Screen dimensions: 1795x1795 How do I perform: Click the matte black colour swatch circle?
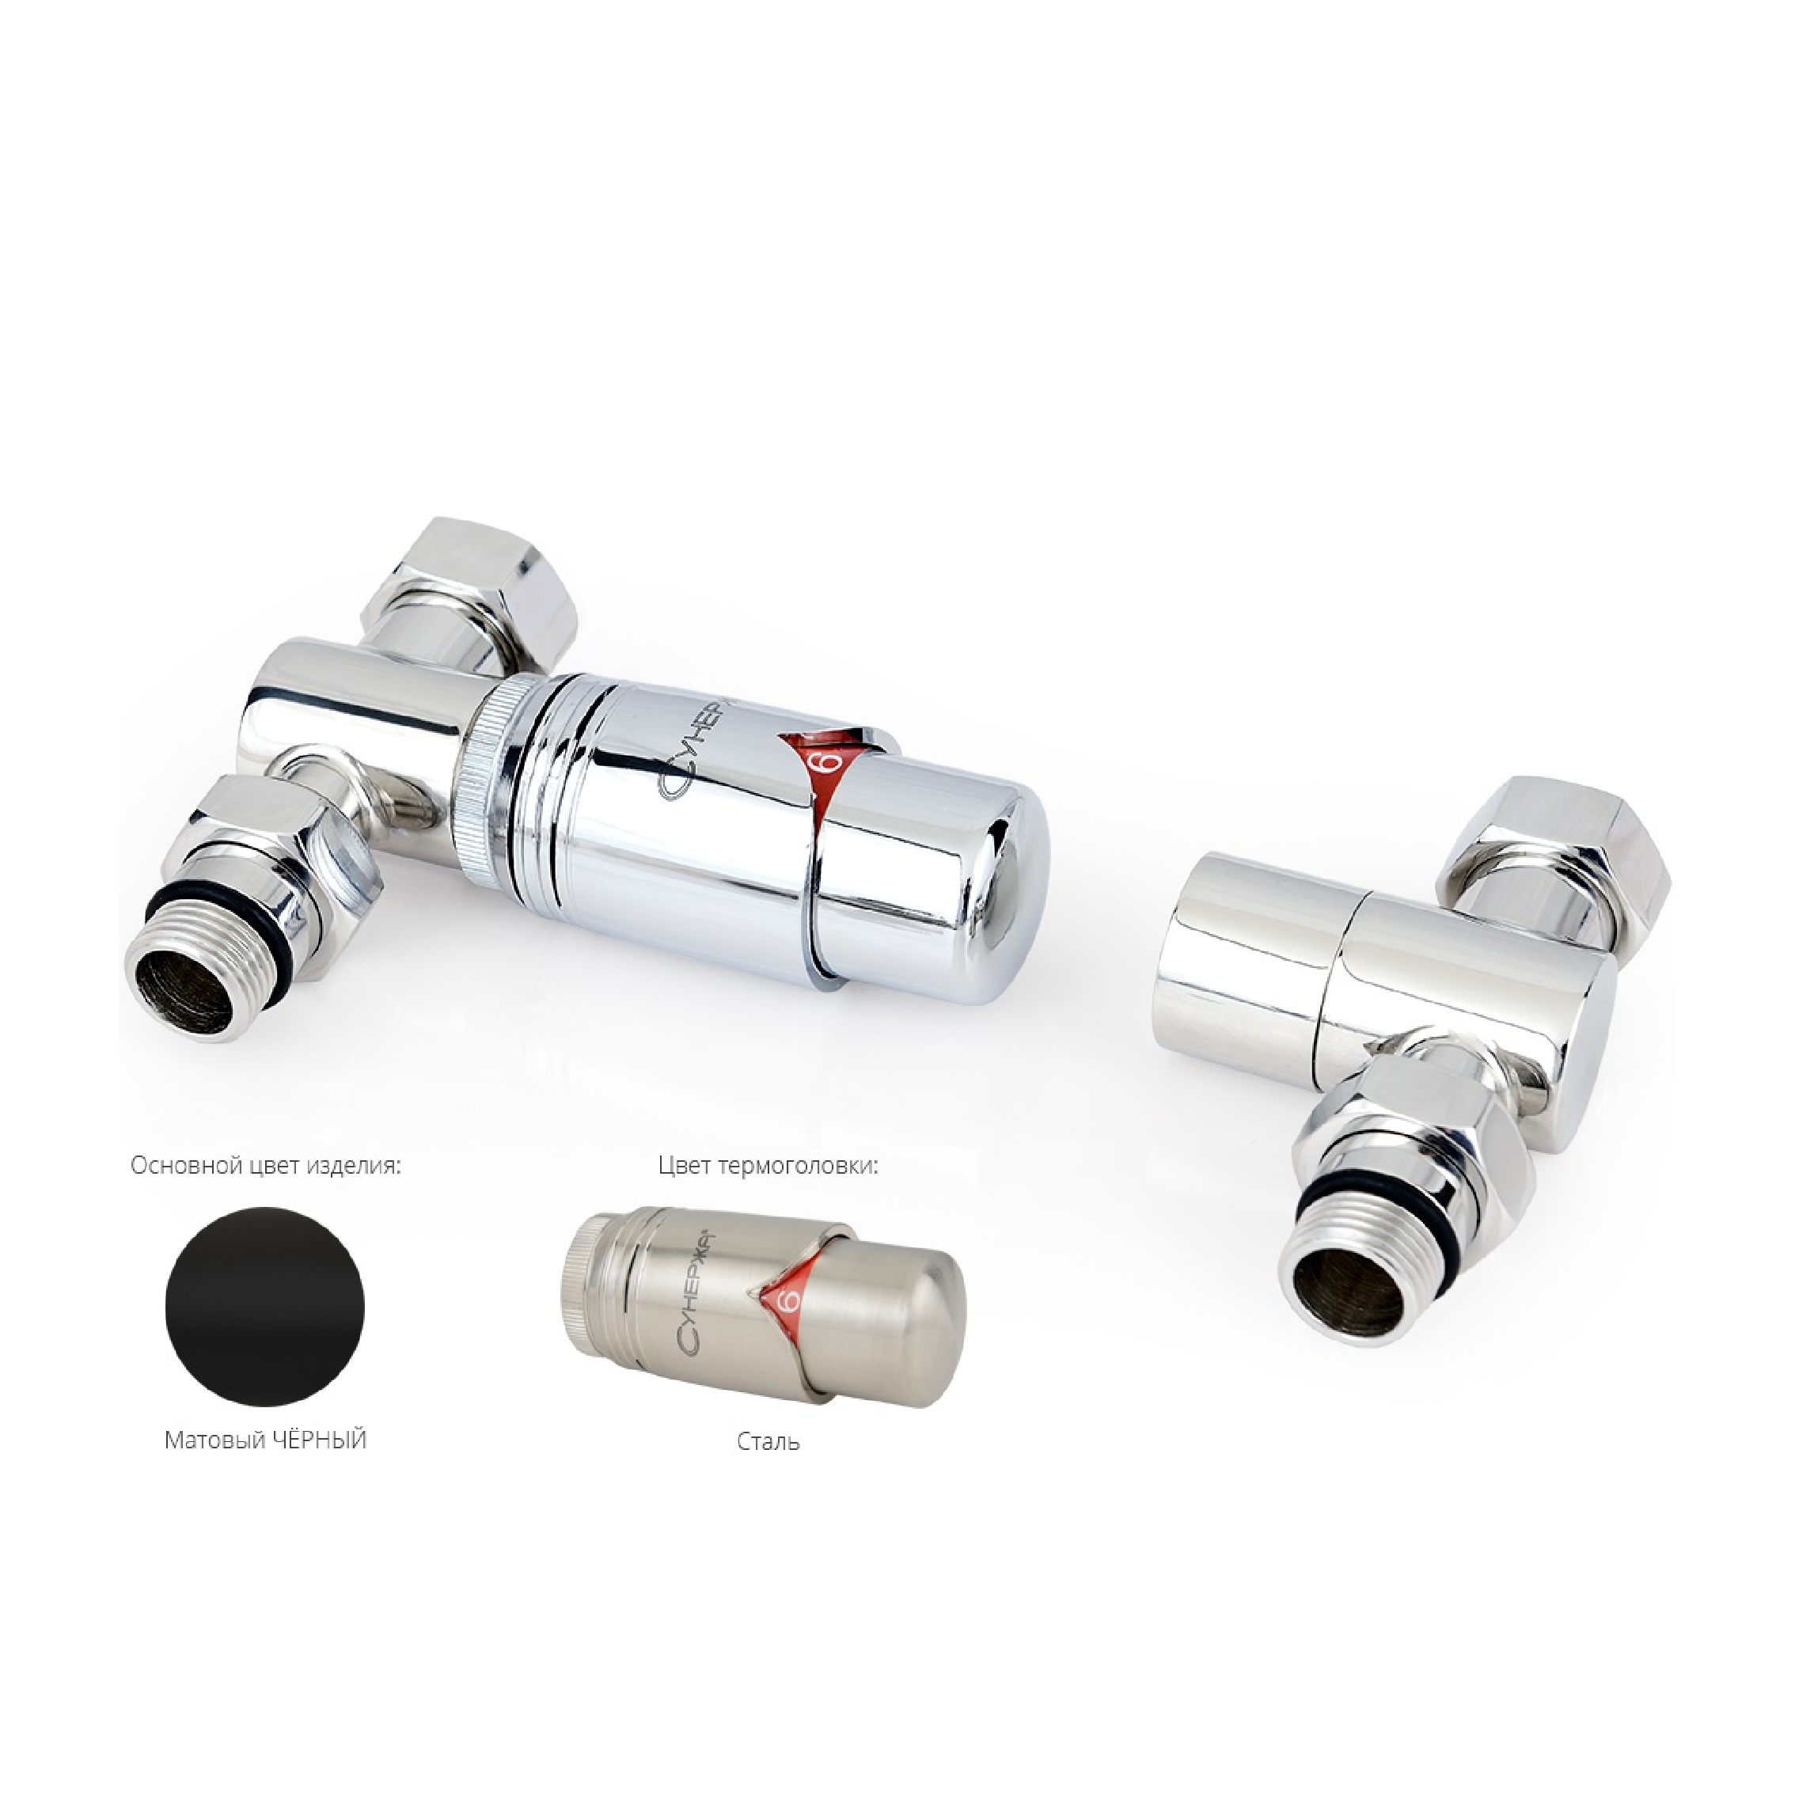266,1305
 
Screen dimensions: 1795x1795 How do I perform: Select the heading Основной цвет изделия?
266,1166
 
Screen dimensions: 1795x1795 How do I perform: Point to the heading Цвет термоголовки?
768,1166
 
